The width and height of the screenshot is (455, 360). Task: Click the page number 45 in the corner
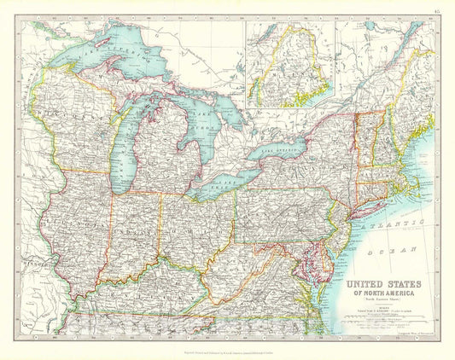(x=436, y=10)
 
